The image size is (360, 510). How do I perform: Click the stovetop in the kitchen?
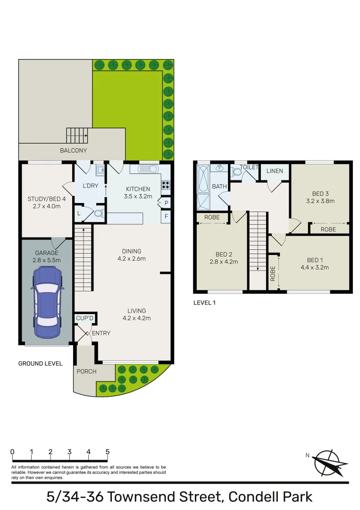166,185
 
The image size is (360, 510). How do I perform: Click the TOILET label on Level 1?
249,167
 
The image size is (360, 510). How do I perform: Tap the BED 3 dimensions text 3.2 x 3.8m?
320,201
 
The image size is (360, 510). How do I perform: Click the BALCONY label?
73,151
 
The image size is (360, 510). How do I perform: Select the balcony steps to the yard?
76,136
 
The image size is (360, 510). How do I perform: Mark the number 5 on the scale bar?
108,451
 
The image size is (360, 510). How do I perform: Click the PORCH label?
86,371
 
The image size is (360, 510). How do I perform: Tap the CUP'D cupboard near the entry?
85,319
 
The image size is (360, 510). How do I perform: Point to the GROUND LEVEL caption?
40,364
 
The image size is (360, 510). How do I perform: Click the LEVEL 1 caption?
204,303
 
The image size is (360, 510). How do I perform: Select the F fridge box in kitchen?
166,217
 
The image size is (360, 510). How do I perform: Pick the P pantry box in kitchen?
166,203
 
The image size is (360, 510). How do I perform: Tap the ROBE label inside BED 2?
212,218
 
